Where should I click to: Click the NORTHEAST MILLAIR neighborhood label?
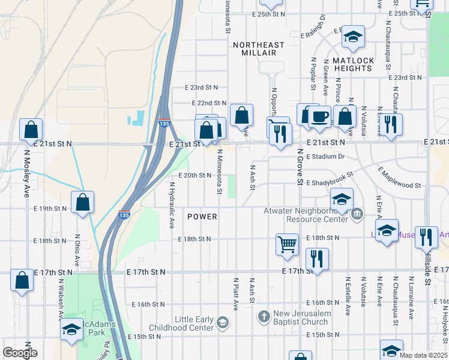258,49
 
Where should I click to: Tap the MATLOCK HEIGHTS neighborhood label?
353,64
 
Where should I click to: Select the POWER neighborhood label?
202,216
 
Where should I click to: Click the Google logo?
20,353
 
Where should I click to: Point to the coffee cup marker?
320,116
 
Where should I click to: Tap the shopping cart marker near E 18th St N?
288,244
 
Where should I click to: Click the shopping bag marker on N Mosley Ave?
31,130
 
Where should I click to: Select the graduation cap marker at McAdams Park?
72,329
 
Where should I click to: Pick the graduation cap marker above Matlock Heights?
354,37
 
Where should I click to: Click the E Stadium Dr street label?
325,157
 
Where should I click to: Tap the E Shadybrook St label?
330,182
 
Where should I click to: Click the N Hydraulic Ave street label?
171,205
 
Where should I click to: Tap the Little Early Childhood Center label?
194,323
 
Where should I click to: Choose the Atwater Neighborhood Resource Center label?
306,215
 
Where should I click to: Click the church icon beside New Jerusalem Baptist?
264,316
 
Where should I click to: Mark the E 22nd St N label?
209,104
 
